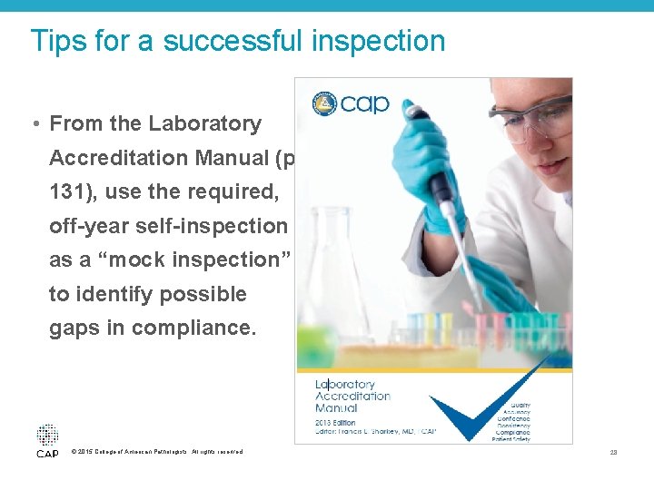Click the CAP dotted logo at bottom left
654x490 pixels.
point(47,440)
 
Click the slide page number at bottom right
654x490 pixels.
point(615,452)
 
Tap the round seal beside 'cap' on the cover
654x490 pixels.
point(324,103)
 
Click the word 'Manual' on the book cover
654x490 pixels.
point(335,408)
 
